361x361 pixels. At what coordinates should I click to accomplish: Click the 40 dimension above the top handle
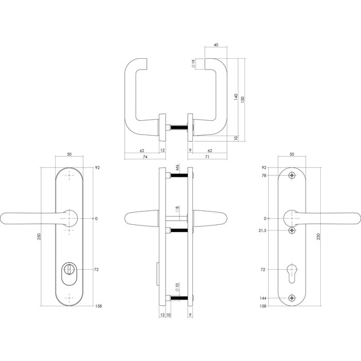pos(215,45)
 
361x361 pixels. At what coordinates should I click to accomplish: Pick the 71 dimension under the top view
pos(207,157)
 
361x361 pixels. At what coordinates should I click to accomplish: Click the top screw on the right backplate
pos(292,176)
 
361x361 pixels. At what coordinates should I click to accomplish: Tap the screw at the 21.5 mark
pos(292,230)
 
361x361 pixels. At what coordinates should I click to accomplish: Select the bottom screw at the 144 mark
pos(292,298)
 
